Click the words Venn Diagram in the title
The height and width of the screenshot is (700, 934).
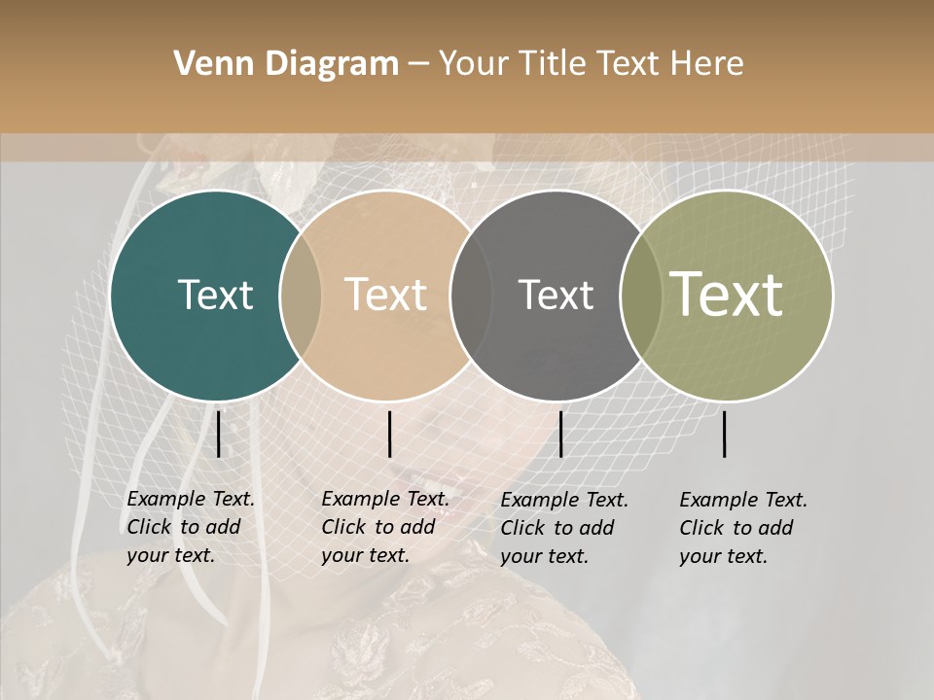point(286,64)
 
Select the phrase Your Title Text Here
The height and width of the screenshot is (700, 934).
point(591,64)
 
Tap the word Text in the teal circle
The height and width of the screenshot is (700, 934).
point(215,295)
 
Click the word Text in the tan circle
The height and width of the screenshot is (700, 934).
point(386,295)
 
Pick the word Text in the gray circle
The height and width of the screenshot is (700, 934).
point(556,295)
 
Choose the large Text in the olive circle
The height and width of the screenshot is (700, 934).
point(727,295)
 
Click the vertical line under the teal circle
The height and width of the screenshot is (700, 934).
point(219,434)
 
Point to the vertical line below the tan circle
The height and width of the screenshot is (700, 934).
point(389,434)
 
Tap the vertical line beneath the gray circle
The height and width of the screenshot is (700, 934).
point(560,434)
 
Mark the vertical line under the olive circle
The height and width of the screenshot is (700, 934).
point(725,434)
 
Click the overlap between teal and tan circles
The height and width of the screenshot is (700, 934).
point(301,295)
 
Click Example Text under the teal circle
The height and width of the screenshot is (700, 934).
point(191,499)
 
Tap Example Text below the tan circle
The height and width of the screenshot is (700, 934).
point(385,499)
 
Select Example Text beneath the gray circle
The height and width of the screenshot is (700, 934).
point(564,500)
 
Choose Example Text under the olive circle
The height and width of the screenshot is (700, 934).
point(743,500)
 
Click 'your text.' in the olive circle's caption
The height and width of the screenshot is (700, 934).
point(723,556)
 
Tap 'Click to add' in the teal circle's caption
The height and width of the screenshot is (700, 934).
point(184,527)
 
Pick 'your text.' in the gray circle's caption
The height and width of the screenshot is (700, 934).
point(544,556)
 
